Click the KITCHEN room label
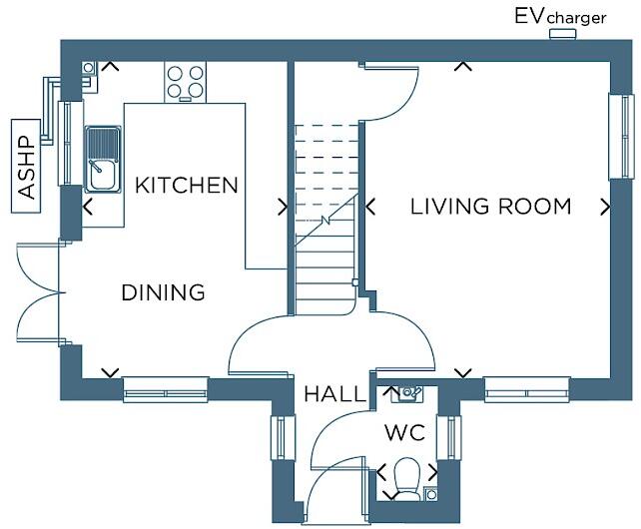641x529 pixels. [187, 186]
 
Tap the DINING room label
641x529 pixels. [163, 292]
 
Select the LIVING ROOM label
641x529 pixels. [490, 206]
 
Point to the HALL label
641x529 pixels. [334, 394]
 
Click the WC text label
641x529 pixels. [404, 432]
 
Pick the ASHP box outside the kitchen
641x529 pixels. [26, 166]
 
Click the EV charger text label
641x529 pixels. [560, 17]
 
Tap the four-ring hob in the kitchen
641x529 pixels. [185, 82]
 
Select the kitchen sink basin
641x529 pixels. [103, 159]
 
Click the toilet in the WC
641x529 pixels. [406, 479]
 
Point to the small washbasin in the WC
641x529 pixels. [407, 393]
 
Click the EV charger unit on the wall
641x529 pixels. [562, 34]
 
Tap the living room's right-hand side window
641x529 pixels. [621, 137]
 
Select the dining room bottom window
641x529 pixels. [166, 390]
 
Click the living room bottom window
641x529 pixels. [526, 390]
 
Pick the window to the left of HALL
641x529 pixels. [283, 438]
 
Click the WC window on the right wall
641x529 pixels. [448, 438]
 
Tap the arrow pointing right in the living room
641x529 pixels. [605, 207]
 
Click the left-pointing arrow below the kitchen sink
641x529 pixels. [88, 207]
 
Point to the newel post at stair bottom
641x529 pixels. [355, 282]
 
